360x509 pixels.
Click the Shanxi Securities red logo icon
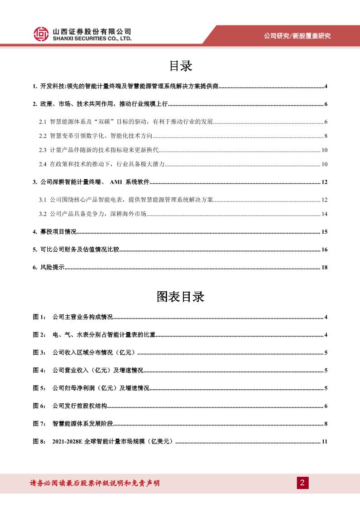[42, 34]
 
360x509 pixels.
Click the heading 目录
[180, 66]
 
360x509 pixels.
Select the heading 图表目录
[180, 297]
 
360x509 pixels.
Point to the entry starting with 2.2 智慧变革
[95, 136]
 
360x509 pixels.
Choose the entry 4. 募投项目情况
[54, 232]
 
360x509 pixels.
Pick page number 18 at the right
[324, 267]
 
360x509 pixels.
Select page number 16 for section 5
[324, 250]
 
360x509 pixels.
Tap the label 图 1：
[39, 317]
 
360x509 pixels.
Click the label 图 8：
[39, 441]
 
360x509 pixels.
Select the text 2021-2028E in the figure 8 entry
[68, 441]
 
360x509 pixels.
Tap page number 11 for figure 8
[324, 441]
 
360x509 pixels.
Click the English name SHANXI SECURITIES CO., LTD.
[92, 39]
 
